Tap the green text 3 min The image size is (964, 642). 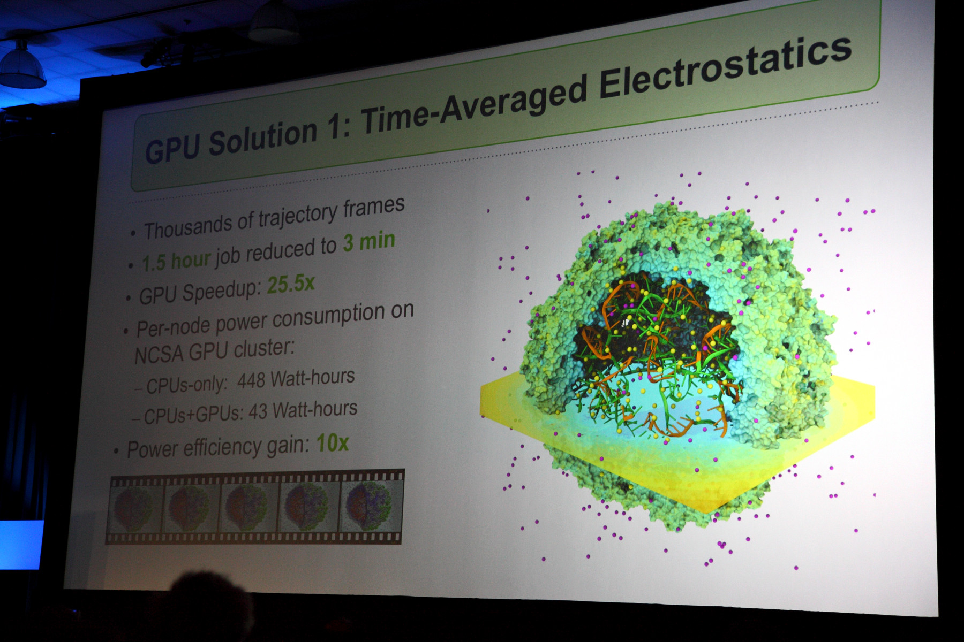coord(369,242)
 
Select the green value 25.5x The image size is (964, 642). coord(291,284)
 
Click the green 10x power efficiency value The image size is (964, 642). coord(333,443)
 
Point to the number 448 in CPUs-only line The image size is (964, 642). coord(251,381)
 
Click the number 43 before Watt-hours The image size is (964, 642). coord(258,412)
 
